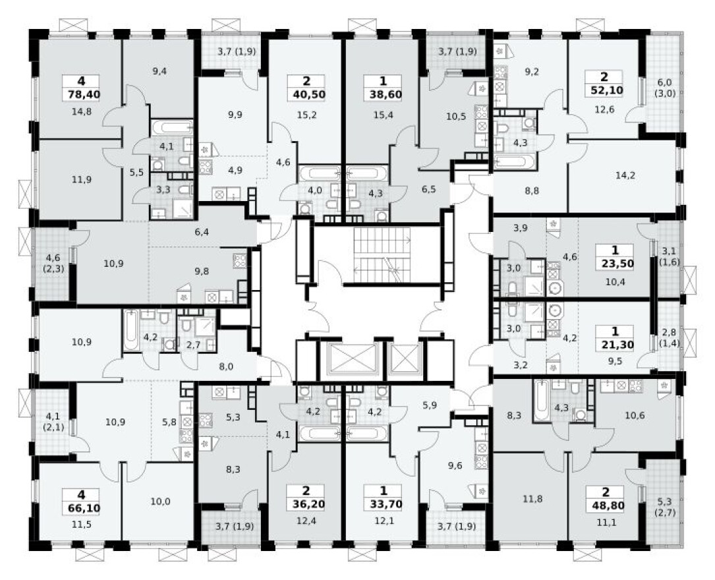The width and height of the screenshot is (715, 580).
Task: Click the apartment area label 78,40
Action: click(80, 94)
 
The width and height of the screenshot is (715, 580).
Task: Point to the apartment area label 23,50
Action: click(614, 264)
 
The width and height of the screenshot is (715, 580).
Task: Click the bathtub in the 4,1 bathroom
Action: click(172, 127)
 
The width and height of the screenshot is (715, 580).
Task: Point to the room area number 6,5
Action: click(428, 188)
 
